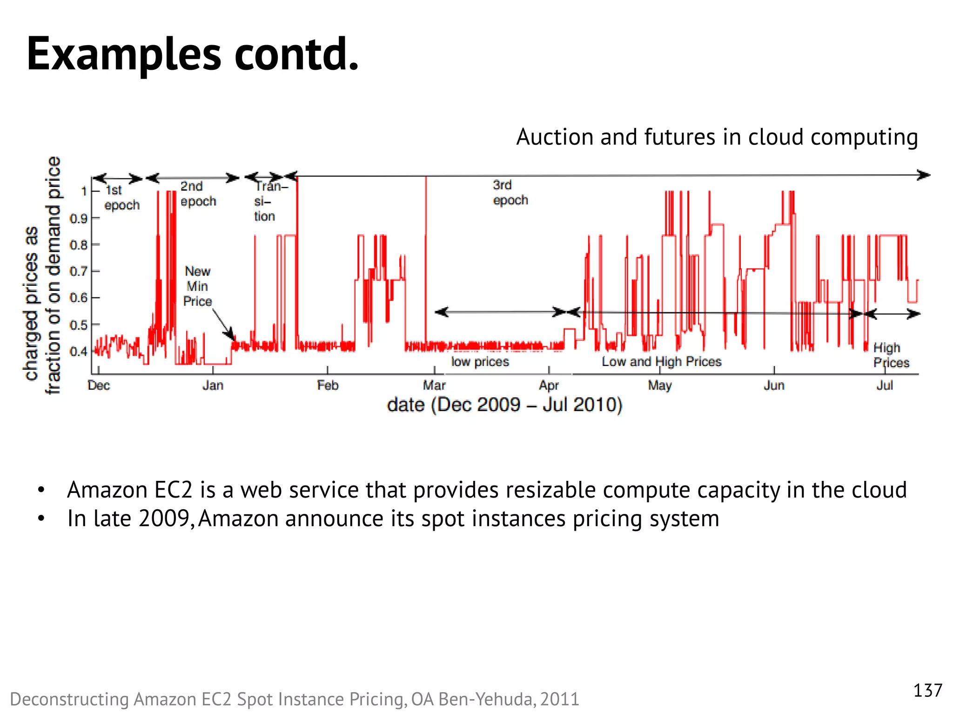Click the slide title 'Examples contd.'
pyautogui.click(x=193, y=54)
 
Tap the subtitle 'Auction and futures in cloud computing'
pyautogui.click(x=717, y=137)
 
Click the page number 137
pyautogui.click(x=927, y=690)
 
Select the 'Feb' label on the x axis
pyautogui.click(x=328, y=385)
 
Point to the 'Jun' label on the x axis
pyautogui.click(x=774, y=385)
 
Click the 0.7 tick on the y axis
pyautogui.click(x=79, y=271)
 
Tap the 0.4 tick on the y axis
pyautogui.click(x=79, y=351)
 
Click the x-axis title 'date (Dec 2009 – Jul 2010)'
pyautogui.click(x=504, y=405)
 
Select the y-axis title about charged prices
pyautogui.click(x=42, y=275)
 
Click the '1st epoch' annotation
pyautogui.click(x=121, y=197)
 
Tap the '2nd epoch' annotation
pyautogui.click(x=198, y=194)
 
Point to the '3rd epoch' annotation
pyautogui.click(x=510, y=192)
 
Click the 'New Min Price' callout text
pyautogui.click(x=197, y=286)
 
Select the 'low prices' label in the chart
pyautogui.click(x=480, y=362)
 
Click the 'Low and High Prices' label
pyautogui.click(x=661, y=362)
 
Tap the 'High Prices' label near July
pyautogui.click(x=890, y=355)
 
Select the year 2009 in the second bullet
pyautogui.click(x=163, y=519)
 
